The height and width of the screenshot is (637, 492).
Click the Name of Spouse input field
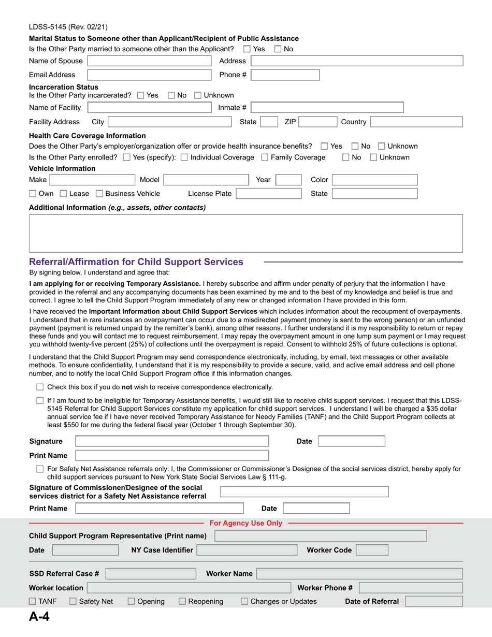coord(150,61)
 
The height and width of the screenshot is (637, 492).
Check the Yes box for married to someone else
coord(247,49)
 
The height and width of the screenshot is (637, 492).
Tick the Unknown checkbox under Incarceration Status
coord(197,95)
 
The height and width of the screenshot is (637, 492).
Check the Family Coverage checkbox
coord(265,157)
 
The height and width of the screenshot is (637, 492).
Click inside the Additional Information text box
coord(246,233)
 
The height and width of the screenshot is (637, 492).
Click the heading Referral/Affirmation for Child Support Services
coord(137,262)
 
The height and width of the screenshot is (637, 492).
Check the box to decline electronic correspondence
coord(40,387)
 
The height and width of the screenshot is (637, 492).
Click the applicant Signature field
coord(172,441)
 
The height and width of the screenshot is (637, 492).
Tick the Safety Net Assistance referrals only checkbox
coord(40,469)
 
